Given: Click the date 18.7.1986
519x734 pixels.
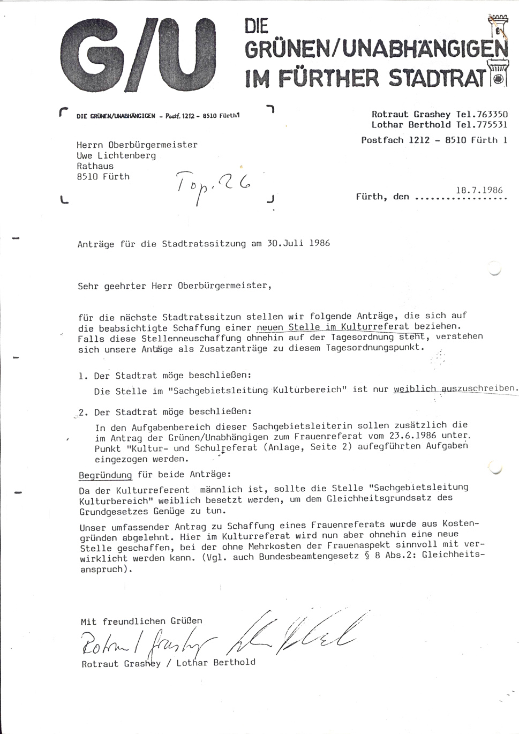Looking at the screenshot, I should coord(479,190).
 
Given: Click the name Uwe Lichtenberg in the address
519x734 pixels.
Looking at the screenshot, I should coord(116,155).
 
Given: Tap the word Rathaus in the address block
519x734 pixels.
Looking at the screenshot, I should coord(95,166).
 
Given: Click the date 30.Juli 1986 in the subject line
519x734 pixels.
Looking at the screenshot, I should coord(298,243).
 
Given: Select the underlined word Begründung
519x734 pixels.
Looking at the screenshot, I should coord(105,475).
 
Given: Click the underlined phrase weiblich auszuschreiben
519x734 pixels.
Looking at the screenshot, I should coord(455,389).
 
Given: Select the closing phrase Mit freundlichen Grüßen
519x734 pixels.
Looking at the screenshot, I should coord(141,621).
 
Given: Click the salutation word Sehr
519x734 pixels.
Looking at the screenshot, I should coord(88,286).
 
